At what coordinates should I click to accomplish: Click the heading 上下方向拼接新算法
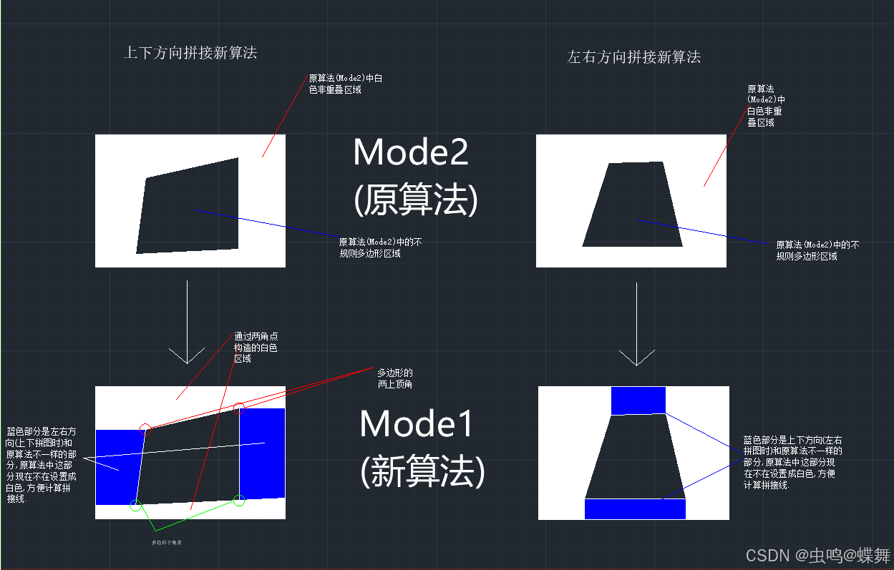pyautogui.click(x=190, y=52)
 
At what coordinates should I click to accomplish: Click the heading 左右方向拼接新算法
pyautogui.click(x=633, y=57)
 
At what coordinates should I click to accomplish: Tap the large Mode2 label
pyautogui.click(x=411, y=152)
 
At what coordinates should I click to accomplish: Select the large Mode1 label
pyautogui.click(x=417, y=423)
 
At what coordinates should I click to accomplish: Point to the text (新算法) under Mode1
pyautogui.click(x=422, y=471)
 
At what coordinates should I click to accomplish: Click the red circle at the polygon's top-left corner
pyautogui.click(x=145, y=429)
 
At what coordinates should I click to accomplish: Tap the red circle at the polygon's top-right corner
pyautogui.click(x=240, y=409)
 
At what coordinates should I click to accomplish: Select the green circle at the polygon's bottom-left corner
pyautogui.click(x=135, y=506)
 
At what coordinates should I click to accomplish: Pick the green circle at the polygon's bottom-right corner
pyautogui.click(x=239, y=500)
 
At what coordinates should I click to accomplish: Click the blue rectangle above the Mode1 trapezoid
pyautogui.click(x=638, y=401)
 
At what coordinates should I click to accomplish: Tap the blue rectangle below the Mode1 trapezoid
pyautogui.click(x=635, y=508)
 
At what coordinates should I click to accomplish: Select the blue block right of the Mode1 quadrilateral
pyautogui.click(x=263, y=453)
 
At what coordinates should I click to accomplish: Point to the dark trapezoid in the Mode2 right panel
pyautogui.click(x=633, y=205)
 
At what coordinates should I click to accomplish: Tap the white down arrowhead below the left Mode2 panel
pyautogui.click(x=187, y=355)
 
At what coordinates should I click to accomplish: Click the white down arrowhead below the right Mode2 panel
pyautogui.click(x=637, y=357)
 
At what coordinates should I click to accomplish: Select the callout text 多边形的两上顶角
pyautogui.click(x=394, y=378)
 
